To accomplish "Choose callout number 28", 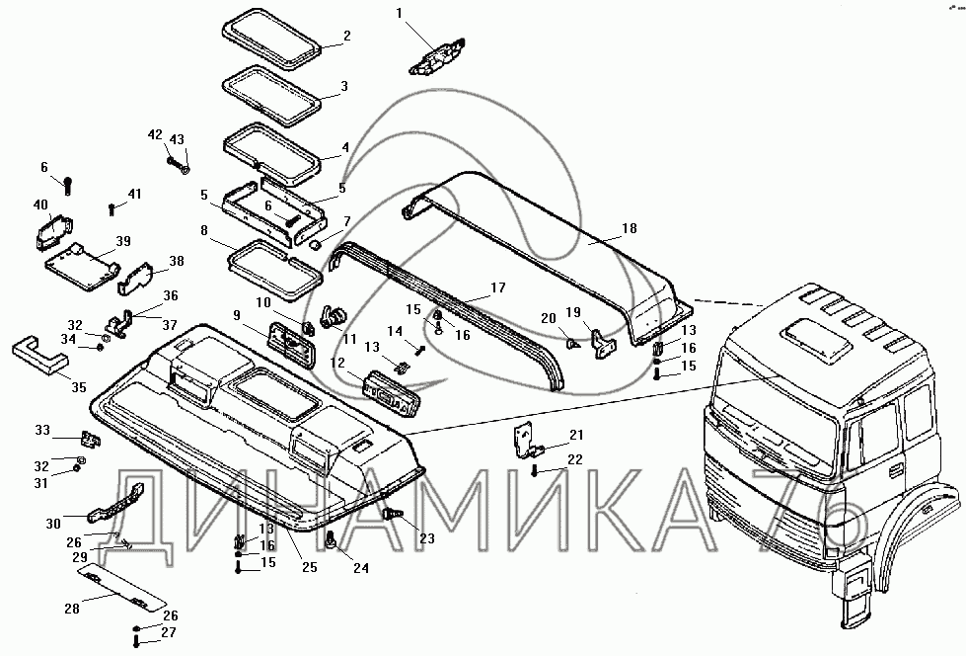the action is tap(72, 609).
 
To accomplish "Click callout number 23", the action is tap(426, 538).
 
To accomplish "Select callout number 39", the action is tap(123, 241).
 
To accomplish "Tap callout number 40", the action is tap(40, 205).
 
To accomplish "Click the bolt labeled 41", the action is tap(112, 208).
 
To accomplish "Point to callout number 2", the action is tap(346, 37).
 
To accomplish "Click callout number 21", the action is tap(576, 435).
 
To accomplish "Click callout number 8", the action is tap(203, 230).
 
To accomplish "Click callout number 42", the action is tap(155, 134).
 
